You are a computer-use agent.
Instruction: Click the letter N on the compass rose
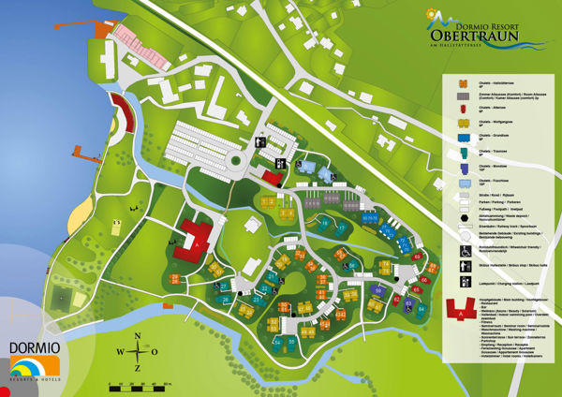(138, 337)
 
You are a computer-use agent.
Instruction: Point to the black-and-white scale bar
(140, 384)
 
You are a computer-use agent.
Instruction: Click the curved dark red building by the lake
(120, 113)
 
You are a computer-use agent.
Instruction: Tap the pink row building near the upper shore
(140, 46)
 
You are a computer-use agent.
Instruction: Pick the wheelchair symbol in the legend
(465, 251)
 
